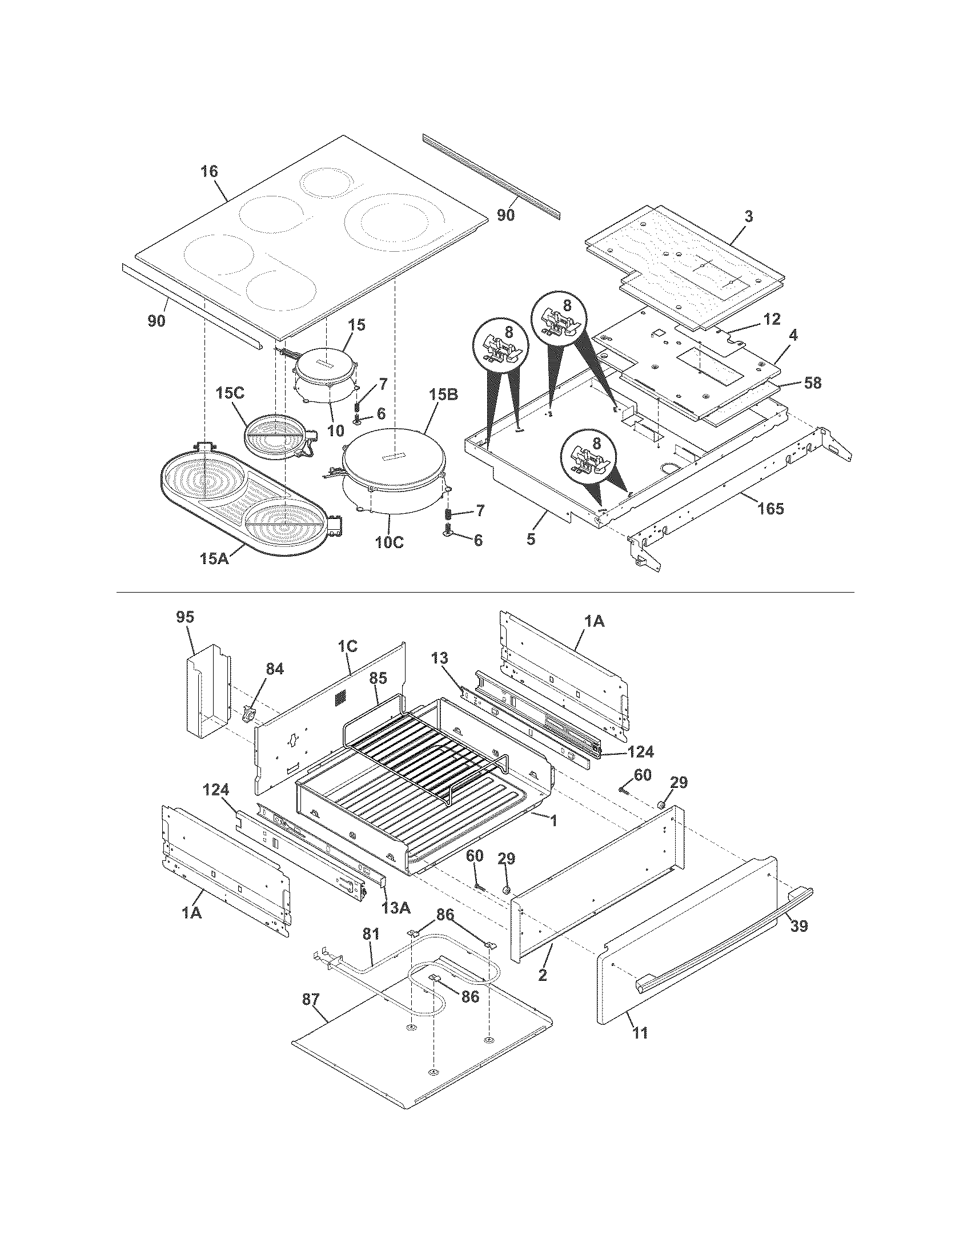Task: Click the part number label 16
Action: [x=210, y=171]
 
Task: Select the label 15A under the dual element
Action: [x=214, y=557]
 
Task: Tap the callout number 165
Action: [x=771, y=508]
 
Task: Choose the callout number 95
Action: [x=185, y=617]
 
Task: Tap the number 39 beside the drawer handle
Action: [x=799, y=926]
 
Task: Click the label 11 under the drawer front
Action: [x=640, y=1032]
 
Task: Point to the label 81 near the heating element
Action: [x=371, y=934]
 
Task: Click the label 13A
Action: [x=396, y=908]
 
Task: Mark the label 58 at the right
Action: [x=812, y=382]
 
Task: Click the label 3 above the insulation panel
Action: [x=748, y=216]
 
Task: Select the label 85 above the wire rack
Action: [x=378, y=678]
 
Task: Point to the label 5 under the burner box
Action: [x=531, y=539]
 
